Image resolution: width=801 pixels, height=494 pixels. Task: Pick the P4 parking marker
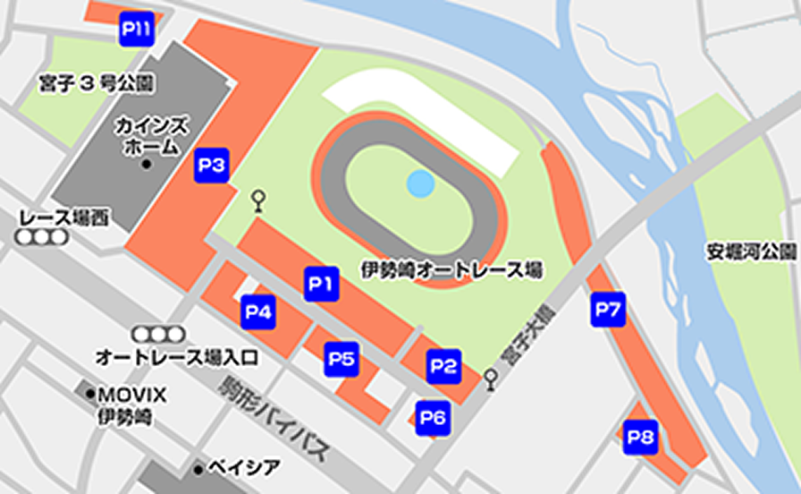(x=259, y=312)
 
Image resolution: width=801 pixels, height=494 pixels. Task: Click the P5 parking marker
(x=341, y=360)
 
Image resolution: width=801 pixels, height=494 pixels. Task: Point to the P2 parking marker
(x=443, y=365)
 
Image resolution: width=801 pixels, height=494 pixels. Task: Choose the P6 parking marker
(x=434, y=417)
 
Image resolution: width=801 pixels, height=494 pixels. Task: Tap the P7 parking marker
(x=608, y=311)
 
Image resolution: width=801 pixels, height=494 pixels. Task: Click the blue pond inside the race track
(x=420, y=184)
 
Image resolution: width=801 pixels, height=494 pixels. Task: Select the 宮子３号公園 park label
(x=97, y=84)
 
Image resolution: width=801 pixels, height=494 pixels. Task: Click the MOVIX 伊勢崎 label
(x=131, y=405)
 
